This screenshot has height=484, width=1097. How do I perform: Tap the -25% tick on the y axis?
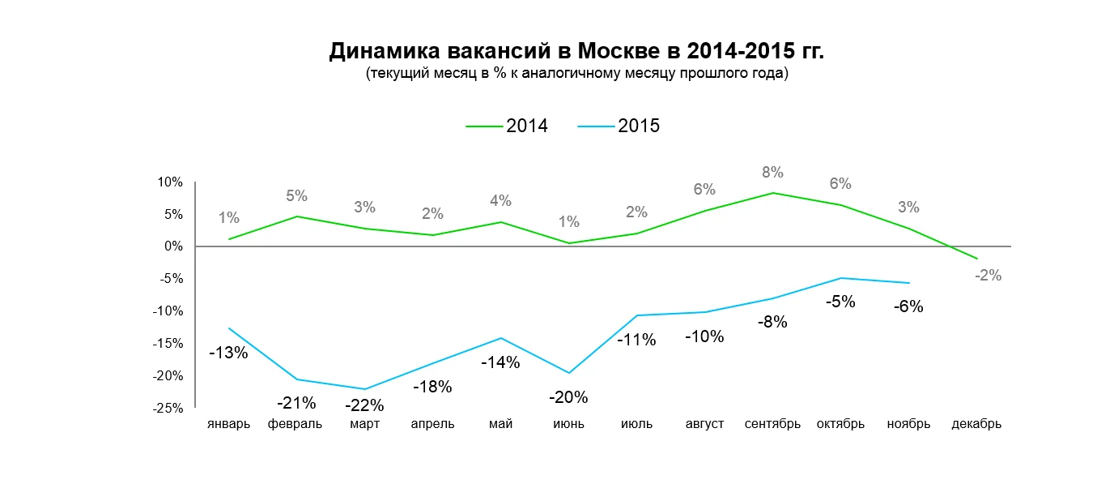(x=169, y=408)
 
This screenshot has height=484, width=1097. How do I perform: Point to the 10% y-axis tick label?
(x=171, y=182)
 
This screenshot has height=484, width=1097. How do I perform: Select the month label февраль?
(x=296, y=424)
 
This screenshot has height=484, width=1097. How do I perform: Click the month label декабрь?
(x=976, y=424)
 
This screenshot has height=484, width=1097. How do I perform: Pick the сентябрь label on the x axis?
(x=772, y=424)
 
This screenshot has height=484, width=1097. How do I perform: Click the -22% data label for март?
(x=364, y=405)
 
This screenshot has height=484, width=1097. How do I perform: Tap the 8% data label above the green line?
(x=772, y=172)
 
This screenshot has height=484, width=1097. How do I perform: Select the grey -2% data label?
(x=989, y=275)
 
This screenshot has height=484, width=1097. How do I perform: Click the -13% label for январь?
(x=228, y=353)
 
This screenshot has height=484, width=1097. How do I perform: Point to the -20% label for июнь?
(x=568, y=397)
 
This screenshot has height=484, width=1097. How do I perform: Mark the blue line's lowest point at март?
(x=364, y=389)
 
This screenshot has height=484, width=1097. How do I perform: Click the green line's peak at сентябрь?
(x=772, y=193)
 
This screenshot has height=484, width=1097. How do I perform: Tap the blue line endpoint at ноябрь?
(x=909, y=283)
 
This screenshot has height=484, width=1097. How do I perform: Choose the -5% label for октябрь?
(x=840, y=302)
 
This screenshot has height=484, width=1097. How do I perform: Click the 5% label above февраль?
(x=296, y=195)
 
